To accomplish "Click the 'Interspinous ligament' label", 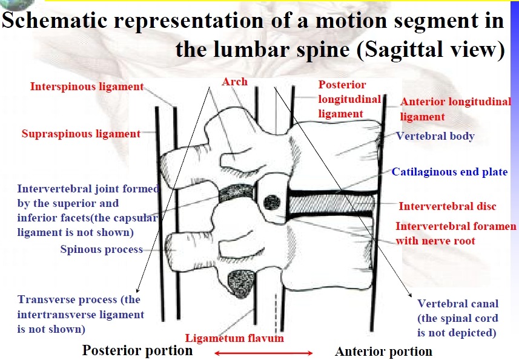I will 87,87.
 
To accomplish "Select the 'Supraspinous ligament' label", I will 81,134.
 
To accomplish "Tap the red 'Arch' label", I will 234,81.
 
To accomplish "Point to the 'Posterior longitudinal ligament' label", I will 349,99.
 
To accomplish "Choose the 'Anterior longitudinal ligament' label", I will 455,110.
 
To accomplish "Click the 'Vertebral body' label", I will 435,137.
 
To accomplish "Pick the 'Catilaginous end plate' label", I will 449,172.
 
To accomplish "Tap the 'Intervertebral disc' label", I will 447,206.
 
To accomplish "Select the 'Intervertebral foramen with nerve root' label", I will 455,234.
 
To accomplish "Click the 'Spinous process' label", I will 102,249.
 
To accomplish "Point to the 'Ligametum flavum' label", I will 234,338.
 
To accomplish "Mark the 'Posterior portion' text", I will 137,350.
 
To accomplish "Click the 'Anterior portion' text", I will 383,352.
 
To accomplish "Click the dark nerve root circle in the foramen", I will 270,200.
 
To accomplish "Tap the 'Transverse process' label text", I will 79,299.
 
